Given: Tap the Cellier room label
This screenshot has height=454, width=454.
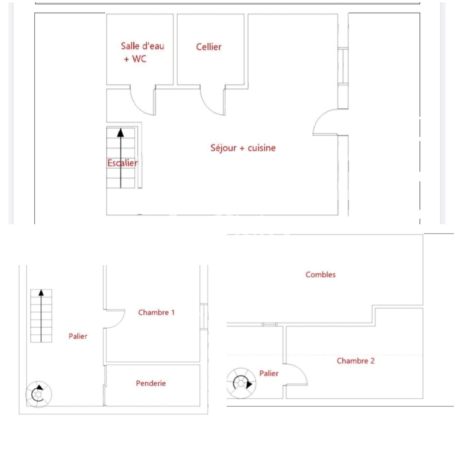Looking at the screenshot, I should [209, 47].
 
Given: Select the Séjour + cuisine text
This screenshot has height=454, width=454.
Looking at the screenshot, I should [243, 148].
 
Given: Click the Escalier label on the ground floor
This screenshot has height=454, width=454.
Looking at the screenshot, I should [122, 163].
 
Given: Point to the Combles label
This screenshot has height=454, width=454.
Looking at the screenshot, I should [320, 275].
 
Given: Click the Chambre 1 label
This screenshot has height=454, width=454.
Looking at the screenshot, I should [156, 312].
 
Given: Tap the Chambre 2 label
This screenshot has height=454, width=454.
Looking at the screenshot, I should [356, 361].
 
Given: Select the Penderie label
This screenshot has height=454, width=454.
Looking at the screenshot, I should [151, 383].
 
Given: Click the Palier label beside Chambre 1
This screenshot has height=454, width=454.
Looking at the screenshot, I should [78, 336].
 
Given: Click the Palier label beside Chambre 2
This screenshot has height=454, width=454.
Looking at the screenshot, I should [269, 373].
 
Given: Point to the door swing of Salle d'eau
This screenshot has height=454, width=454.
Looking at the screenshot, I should [140, 103].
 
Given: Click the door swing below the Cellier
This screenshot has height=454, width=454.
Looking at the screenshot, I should [210, 103].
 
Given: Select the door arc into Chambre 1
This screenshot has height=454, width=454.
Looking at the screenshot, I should [116, 319].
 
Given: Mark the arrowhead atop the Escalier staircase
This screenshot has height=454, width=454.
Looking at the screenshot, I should [120, 133].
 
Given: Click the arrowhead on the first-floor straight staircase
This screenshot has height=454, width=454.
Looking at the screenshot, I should [41, 292].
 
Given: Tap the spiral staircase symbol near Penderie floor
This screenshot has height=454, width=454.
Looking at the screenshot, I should [38, 394].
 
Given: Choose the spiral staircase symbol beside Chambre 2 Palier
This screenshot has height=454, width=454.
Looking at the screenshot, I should [241, 383].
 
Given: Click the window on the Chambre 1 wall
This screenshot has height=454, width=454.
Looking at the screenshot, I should [204, 317].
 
